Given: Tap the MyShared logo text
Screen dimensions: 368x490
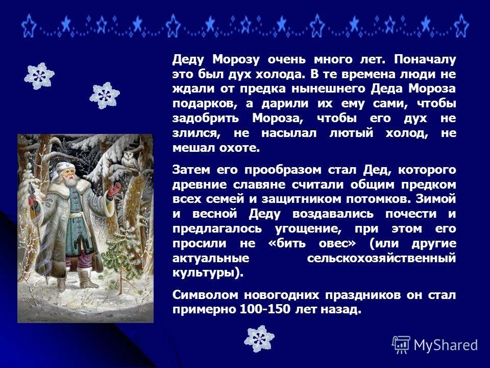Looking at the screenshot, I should click(x=446, y=345).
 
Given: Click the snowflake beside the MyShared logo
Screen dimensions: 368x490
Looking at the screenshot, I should click(x=259, y=338).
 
